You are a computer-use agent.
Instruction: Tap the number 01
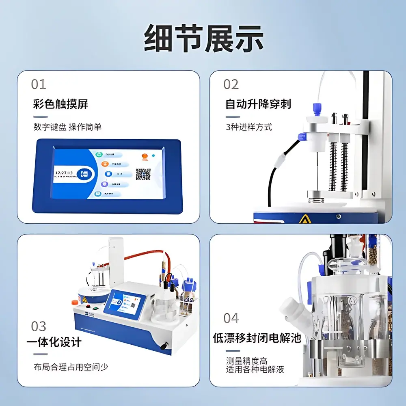click(39, 84)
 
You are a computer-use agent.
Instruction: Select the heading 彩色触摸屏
click(60, 104)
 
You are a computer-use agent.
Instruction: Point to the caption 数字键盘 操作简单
click(67, 127)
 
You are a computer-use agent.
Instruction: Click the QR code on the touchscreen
click(143, 174)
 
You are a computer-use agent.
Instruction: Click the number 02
click(231, 84)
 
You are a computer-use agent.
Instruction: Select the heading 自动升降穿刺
click(258, 104)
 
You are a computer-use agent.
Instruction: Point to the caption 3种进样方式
click(249, 127)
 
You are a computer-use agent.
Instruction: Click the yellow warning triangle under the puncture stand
click(303, 219)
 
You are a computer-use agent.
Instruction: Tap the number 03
click(39, 326)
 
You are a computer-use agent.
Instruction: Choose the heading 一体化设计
click(54, 342)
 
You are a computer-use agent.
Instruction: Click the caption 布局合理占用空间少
click(71, 367)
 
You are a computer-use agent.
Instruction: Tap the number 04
click(231, 318)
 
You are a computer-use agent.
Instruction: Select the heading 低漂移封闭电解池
click(257, 338)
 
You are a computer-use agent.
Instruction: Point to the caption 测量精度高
click(246, 361)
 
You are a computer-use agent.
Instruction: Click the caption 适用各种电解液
click(255, 369)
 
